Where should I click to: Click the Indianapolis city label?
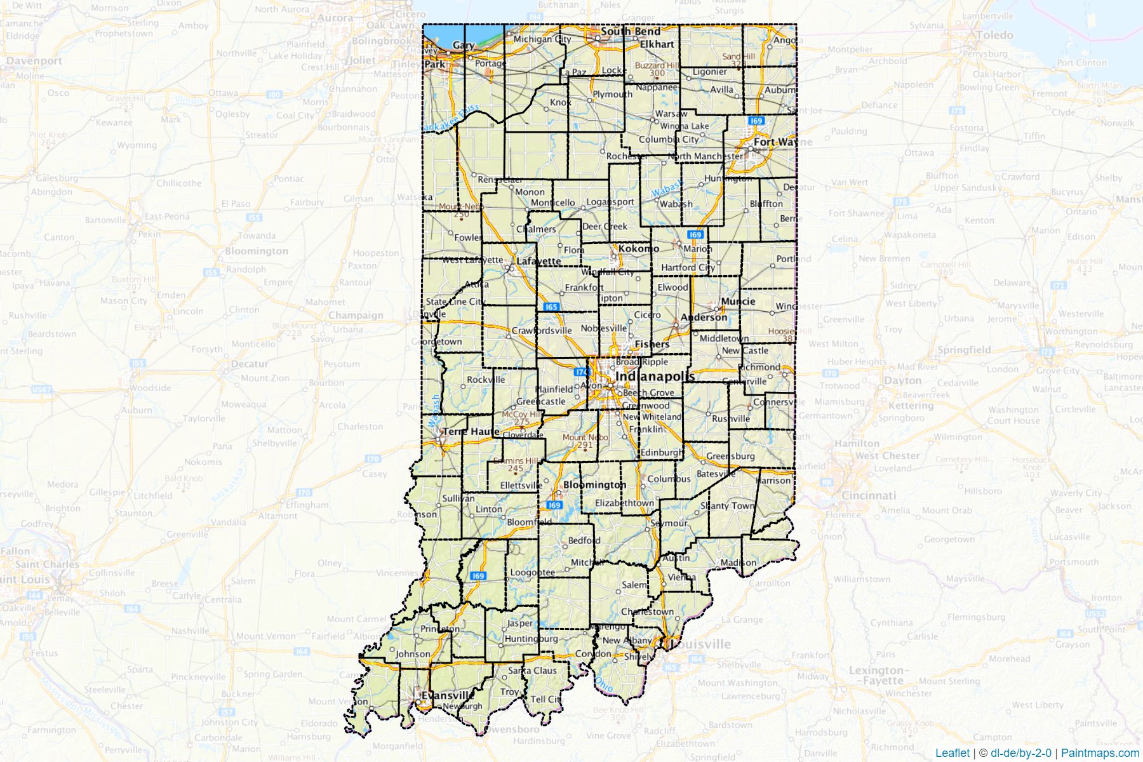tap(655, 376)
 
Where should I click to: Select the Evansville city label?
tap(448, 695)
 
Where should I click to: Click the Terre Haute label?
tap(471, 431)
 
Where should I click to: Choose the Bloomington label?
tap(594, 485)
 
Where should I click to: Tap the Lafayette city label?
tap(538, 261)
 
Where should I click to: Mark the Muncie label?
tap(738, 301)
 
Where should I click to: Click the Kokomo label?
tap(638, 248)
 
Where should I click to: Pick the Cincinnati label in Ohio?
tap(868, 495)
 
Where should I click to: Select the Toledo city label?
tap(994, 35)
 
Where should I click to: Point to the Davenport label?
tap(34, 61)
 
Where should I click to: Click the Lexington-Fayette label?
tap(878, 675)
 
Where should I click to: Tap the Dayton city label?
tap(902, 380)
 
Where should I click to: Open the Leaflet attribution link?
tap(952, 752)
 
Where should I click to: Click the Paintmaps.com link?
tap(1100, 752)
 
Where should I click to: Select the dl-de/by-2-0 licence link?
tap(1020, 752)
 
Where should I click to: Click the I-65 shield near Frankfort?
tap(551, 307)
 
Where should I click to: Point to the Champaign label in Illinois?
tap(356, 315)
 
